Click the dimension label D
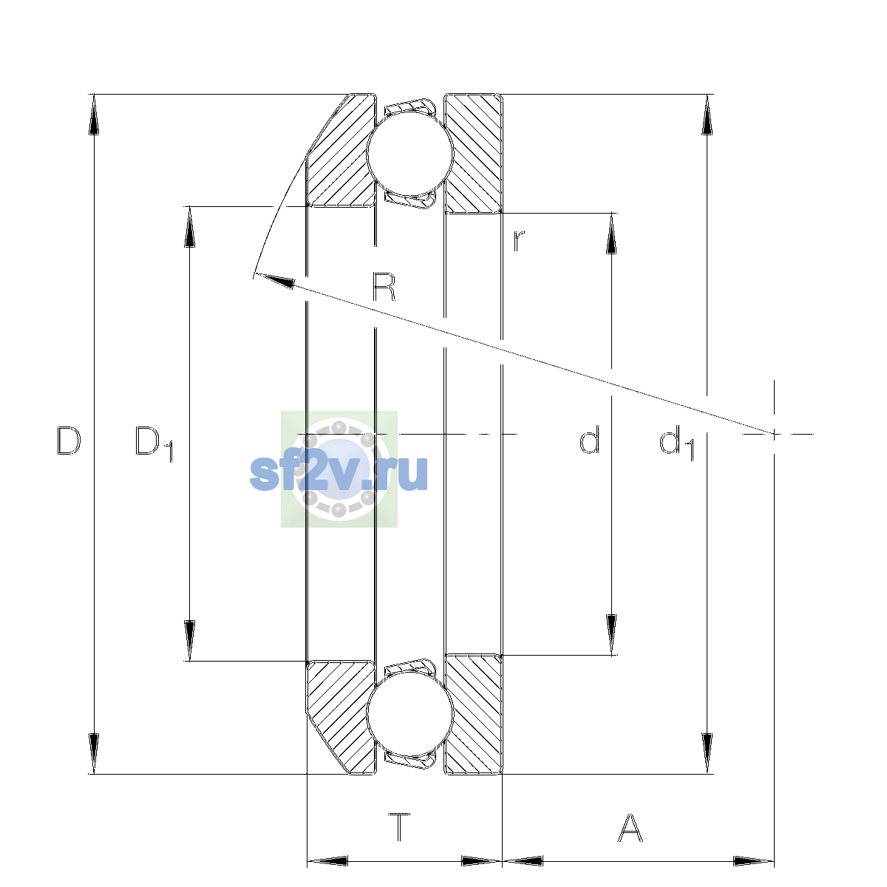point(69,441)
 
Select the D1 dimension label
point(154,443)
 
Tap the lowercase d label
point(590,440)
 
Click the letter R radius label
point(384,286)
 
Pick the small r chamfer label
point(519,240)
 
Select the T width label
point(399,827)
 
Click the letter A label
point(630,827)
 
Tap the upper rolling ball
point(410,153)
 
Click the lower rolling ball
point(410,713)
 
